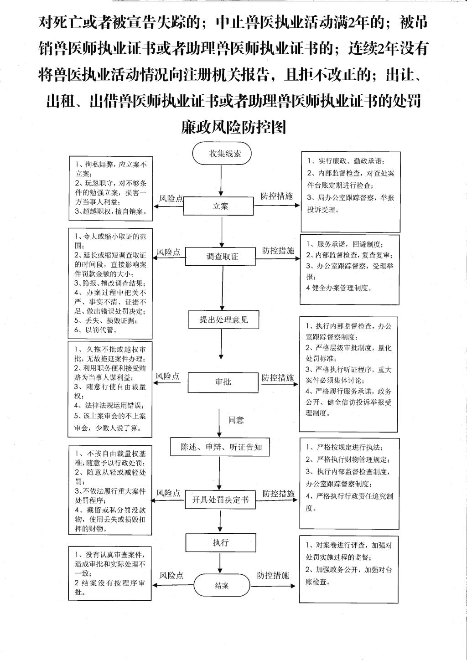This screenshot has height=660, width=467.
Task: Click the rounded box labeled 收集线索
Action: pyautogui.click(x=222, y=153)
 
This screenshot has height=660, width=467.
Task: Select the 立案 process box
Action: pyautogui.click(x=218, y=206)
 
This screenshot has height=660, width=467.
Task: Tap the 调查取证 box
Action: pyautogui.click(x=220, y=256)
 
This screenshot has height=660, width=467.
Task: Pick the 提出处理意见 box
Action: pyautogui.click(x=224, y=320)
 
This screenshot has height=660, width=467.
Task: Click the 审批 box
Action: pyautogui.click(x=223, y=382)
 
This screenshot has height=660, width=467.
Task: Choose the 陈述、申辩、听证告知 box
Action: pyautogui.click(x=220, y=447)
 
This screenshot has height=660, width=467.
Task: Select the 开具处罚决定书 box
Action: pyautogui.click(x=220, y=500)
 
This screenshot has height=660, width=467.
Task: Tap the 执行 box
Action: pyautogui.click(x=221, y=543)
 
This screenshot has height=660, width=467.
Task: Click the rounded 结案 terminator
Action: pyautogui.click(x=222, y=585)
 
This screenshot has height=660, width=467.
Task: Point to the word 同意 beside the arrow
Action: pyautogui.click(x=236, y=420)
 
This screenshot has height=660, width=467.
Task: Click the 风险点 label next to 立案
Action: pyautogui.click(x=171, y=199)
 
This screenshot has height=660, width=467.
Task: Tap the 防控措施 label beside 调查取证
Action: pyautogui.click(x=278, y=250)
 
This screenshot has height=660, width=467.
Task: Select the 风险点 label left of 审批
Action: pyautogui.click(x=167, y=376)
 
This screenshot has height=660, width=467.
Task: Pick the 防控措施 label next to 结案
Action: pyautogui.click(x=273, y=575)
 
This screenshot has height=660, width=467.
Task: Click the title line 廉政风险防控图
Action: pyautogui.click(x=233, y=127)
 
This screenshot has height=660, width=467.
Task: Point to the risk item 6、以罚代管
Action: pyautogui.click(x=95, y=330)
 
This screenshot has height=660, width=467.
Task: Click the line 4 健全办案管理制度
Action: pyautogui.click(x=339, y=288)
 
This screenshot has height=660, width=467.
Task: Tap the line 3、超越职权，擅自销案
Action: pyautogui.click(x=111, y=211)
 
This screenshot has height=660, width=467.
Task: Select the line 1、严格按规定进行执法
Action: pyautogui.click(x=344, y=447)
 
